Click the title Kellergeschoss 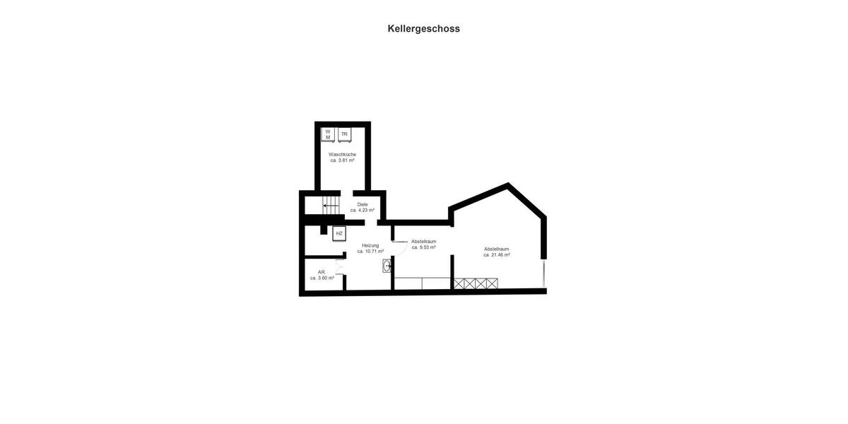[x=423, y=29]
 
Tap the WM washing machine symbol [x=328, y=134]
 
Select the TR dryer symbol [x=344, y=134]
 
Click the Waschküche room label [x=342, y=154]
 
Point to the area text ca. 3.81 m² [x=342, y=160]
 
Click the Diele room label [x=363, y=204]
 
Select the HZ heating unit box [x=339, y=233]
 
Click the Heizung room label [x=370, y=245]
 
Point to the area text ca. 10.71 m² [x=370, y=252]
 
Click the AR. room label [x=322, y=272]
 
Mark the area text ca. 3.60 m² [x=322, y=278]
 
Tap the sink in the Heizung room [x=387, y=266]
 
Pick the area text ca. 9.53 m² [x=423, y=247]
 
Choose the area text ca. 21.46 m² [x=497, y=255]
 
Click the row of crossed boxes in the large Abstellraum [x=475, y=283]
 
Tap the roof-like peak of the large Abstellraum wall [x=508, y=187]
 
